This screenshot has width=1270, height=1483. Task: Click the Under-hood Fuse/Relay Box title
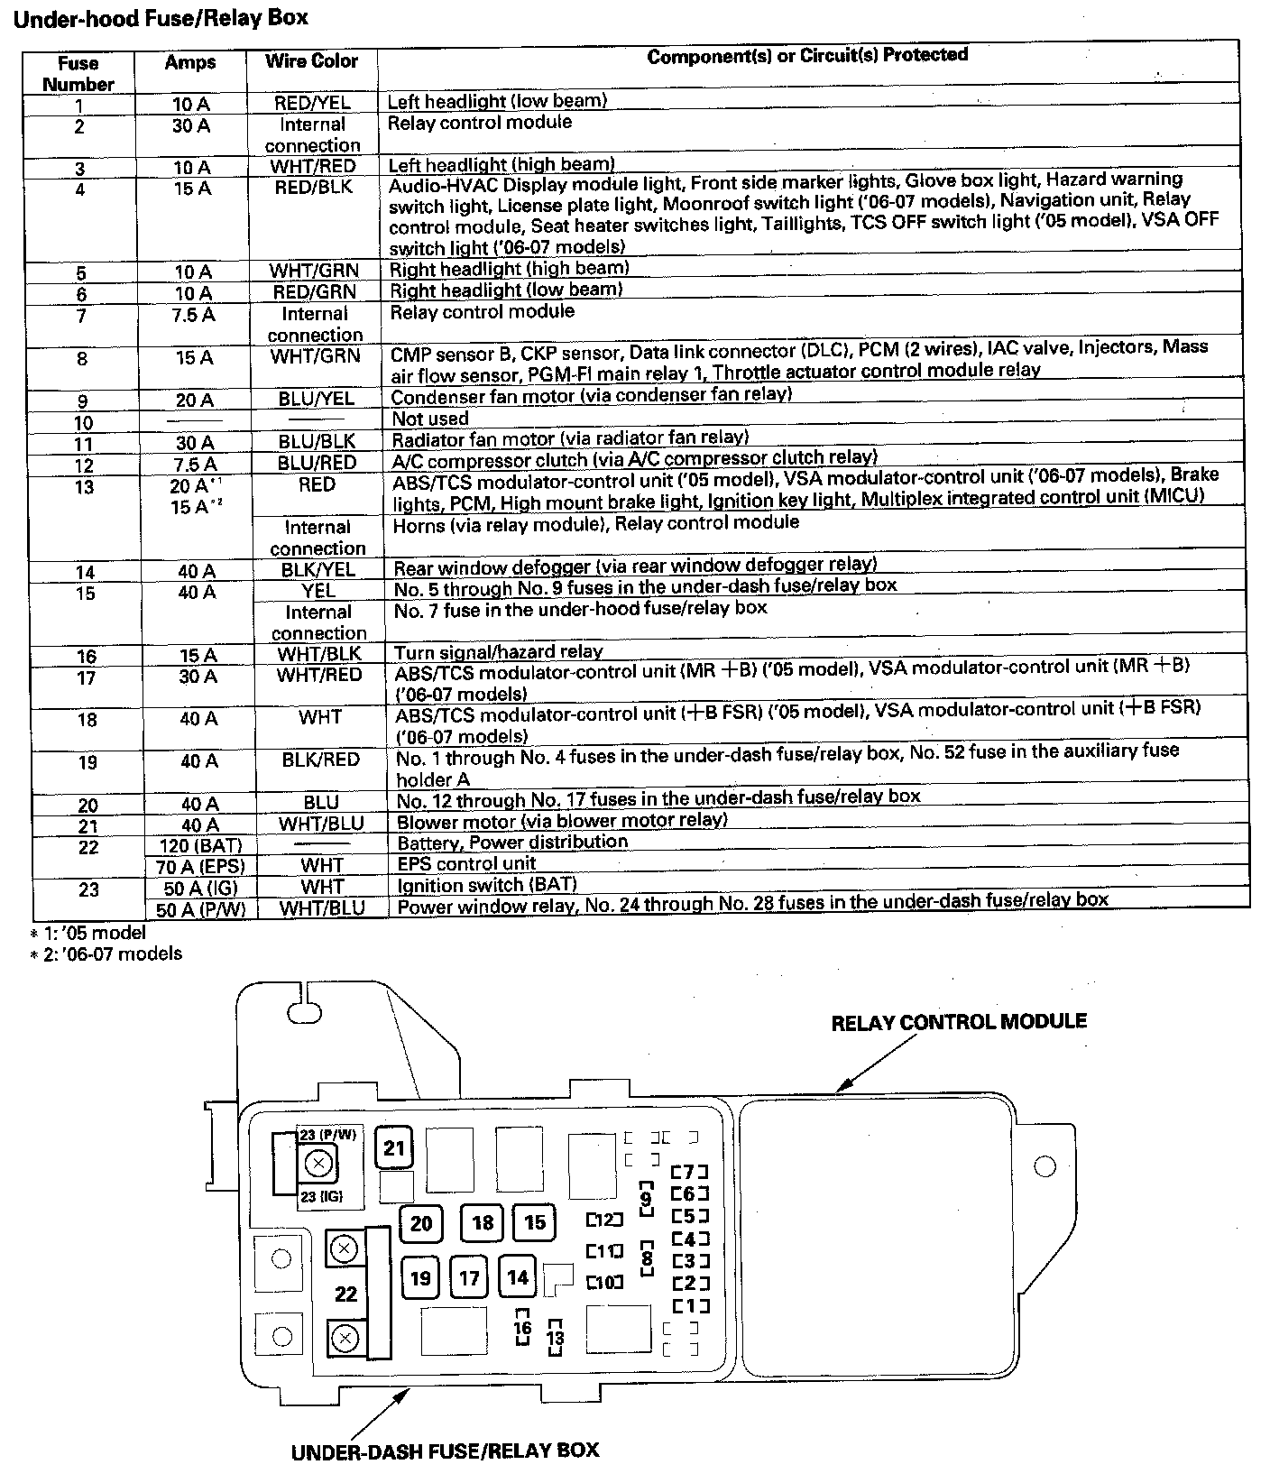coord(161,18)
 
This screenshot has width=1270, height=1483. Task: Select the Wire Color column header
coord(311,61)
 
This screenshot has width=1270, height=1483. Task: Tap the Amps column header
coord(190,62)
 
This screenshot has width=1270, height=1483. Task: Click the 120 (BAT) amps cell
coord(199,845)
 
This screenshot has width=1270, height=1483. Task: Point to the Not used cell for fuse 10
coord(430,419)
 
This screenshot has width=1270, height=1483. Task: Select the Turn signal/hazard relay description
coord(498,651)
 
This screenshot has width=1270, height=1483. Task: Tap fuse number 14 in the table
coord(85,572)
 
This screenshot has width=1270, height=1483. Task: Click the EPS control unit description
coord(466,863)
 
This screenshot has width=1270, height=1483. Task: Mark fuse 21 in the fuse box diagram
coord(394,1147)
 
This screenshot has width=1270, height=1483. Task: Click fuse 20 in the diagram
coord(421,1223)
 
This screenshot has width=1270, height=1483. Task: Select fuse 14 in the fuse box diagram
coord(518,1277)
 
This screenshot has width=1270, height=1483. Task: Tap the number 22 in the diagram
coord(346,1294)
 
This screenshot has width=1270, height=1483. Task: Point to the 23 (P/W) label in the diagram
coord(327,1135)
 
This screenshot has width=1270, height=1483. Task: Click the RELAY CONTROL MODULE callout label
coord(958,1022)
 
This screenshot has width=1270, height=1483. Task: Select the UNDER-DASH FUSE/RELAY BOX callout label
coord(445,1451)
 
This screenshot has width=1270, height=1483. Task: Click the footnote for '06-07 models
coord(106,953)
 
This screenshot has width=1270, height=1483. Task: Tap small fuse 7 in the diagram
coord(690,1172)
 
